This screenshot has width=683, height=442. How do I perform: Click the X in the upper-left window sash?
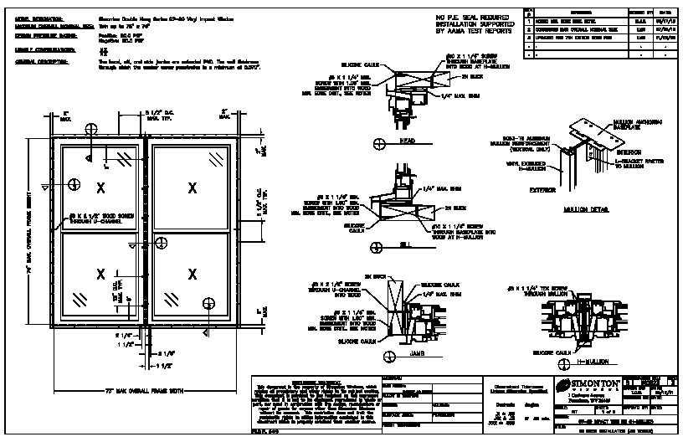(x=100, y=187)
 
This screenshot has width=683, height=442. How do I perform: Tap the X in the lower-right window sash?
(x=193, y=273)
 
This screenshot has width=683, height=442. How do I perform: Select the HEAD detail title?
(x=408, y=141)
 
